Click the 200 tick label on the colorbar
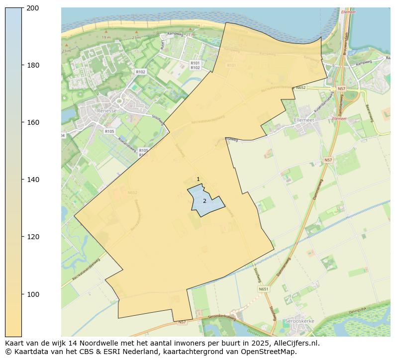[33, 8]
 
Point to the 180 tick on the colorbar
[33, 65]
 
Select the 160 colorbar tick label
[33, 122]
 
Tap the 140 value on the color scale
[33, 180]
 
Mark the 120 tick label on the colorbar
[33, 237]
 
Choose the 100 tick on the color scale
[33, 294]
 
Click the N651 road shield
[263, 289]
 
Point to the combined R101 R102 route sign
[195, 66]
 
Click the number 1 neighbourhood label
[198, 180]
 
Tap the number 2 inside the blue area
[204, 201]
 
